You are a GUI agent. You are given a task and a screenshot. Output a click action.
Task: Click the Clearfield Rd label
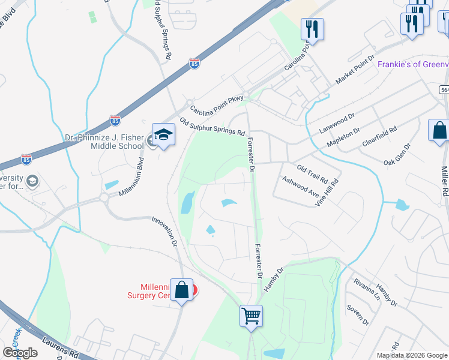click(x=380, y=137)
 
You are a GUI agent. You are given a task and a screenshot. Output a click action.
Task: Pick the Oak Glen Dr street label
click(x=397, y=155)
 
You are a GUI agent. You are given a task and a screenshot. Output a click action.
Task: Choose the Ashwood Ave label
click(x=300, y=187)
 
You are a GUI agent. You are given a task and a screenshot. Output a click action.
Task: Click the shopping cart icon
click(x=252, y=316)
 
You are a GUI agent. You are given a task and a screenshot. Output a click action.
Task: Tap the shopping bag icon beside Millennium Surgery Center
click(x=182, y=290)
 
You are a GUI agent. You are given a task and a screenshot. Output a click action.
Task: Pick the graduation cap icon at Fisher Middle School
click(x=163, y=135)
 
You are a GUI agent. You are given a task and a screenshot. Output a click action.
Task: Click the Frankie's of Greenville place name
click(x=412, y=64)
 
